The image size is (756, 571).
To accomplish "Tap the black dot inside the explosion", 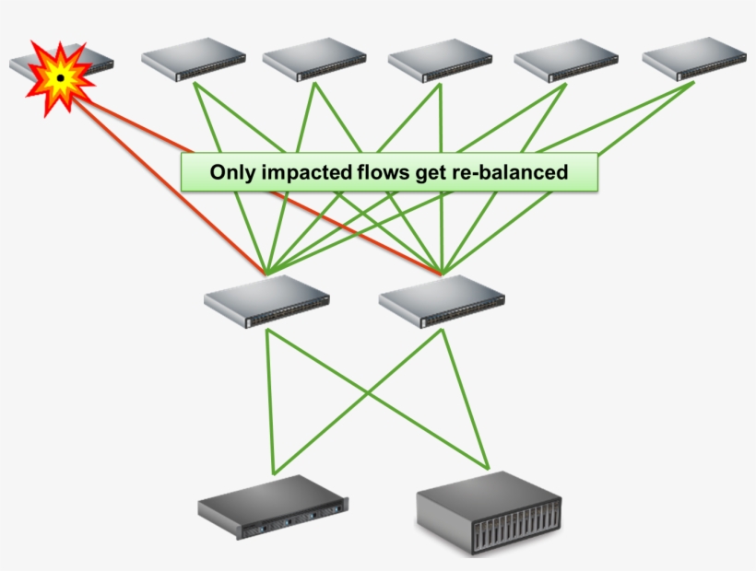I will point(60,79).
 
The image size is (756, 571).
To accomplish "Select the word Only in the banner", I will point(230,172).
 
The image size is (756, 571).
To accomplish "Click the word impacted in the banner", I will point(301,172).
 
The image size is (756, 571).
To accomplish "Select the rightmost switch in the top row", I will point(693,59).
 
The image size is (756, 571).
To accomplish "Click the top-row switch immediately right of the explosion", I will point(194,59).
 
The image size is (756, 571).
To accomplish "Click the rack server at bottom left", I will point(274,507).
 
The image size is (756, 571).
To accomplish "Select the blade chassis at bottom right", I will point(489,512).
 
